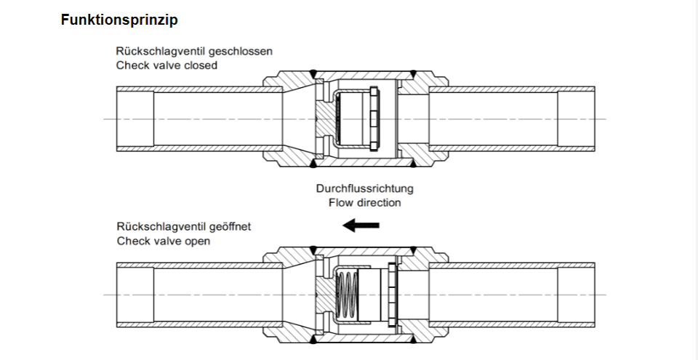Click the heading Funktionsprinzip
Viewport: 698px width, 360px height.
pyautogui.click(x=119, y=20)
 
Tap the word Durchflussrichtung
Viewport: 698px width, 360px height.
pyautogui.click(x=364, y=189)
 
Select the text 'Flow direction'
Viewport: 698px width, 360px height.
pyautogui.click(x=364, y=203)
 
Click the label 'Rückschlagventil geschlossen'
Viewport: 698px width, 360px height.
pyautogui.click(x=194, y=52)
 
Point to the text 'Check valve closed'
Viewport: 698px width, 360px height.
pyautogui.click(x=167, y=65)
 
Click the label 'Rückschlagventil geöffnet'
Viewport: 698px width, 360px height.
pyautogui.click(x=184, y=227)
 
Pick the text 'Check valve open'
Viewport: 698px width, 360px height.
pyautogui.click(x=164, y=241)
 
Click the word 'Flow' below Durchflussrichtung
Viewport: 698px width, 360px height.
pyautogui.click(x=340, y=203)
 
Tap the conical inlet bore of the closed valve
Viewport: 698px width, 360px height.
pyautogui.click(x=298, y=119)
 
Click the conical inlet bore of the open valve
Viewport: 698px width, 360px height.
pyautogui.click(x=298, y=294)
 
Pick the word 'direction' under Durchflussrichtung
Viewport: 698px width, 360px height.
pyautogui.click(x=378, y=203)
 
